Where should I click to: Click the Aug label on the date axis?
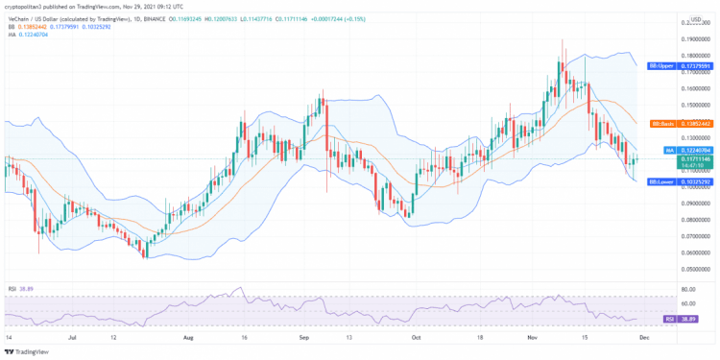tap(188, 339)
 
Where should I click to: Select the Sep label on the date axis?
tap(304, 339)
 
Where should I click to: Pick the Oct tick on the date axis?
tap(415, 339)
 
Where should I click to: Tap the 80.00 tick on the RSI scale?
tap(687, 287)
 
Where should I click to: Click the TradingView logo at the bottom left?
tap(28, 351)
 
